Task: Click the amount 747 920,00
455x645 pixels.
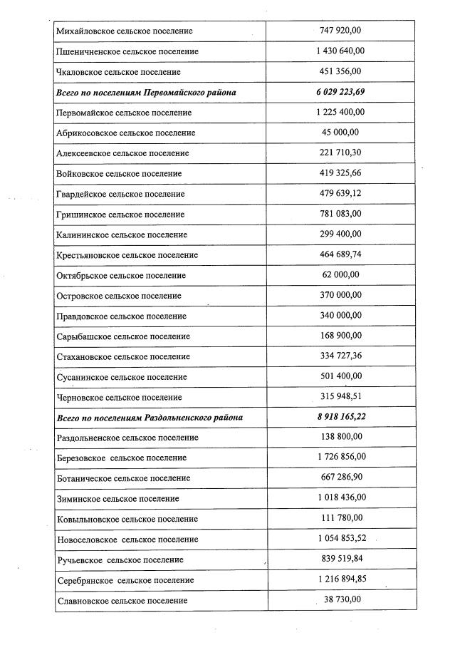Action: pos(341,31)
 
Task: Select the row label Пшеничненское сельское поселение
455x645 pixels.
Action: pos(127,51)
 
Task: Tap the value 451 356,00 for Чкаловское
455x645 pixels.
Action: pos(341,71)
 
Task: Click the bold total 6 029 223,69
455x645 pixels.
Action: pos(341,92)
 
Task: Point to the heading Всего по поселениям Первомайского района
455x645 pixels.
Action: pos(146,93)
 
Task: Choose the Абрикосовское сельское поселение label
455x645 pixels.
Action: pos(125,133)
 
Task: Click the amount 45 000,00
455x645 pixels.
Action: pos(341,133)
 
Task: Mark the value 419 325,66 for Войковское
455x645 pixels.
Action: pos(341,173)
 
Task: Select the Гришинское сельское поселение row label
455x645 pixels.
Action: pos(120,215)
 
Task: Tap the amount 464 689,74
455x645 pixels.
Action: pos(341,254)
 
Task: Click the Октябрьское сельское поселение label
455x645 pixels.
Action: pos(120,275)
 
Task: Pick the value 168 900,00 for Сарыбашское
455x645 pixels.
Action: pos(341,336)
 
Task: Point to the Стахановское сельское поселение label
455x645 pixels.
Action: pos(122,356)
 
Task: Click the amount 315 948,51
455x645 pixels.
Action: pos(341,396)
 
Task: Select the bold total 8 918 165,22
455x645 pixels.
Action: pos(341,416)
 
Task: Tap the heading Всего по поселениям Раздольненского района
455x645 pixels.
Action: pos(152,417)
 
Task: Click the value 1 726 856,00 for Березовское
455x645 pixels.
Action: pos(341,457)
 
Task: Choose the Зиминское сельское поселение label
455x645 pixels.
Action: pos(117,499)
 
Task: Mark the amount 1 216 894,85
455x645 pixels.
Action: pos(341,579)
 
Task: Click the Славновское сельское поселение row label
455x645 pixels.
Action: pos(121,601)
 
